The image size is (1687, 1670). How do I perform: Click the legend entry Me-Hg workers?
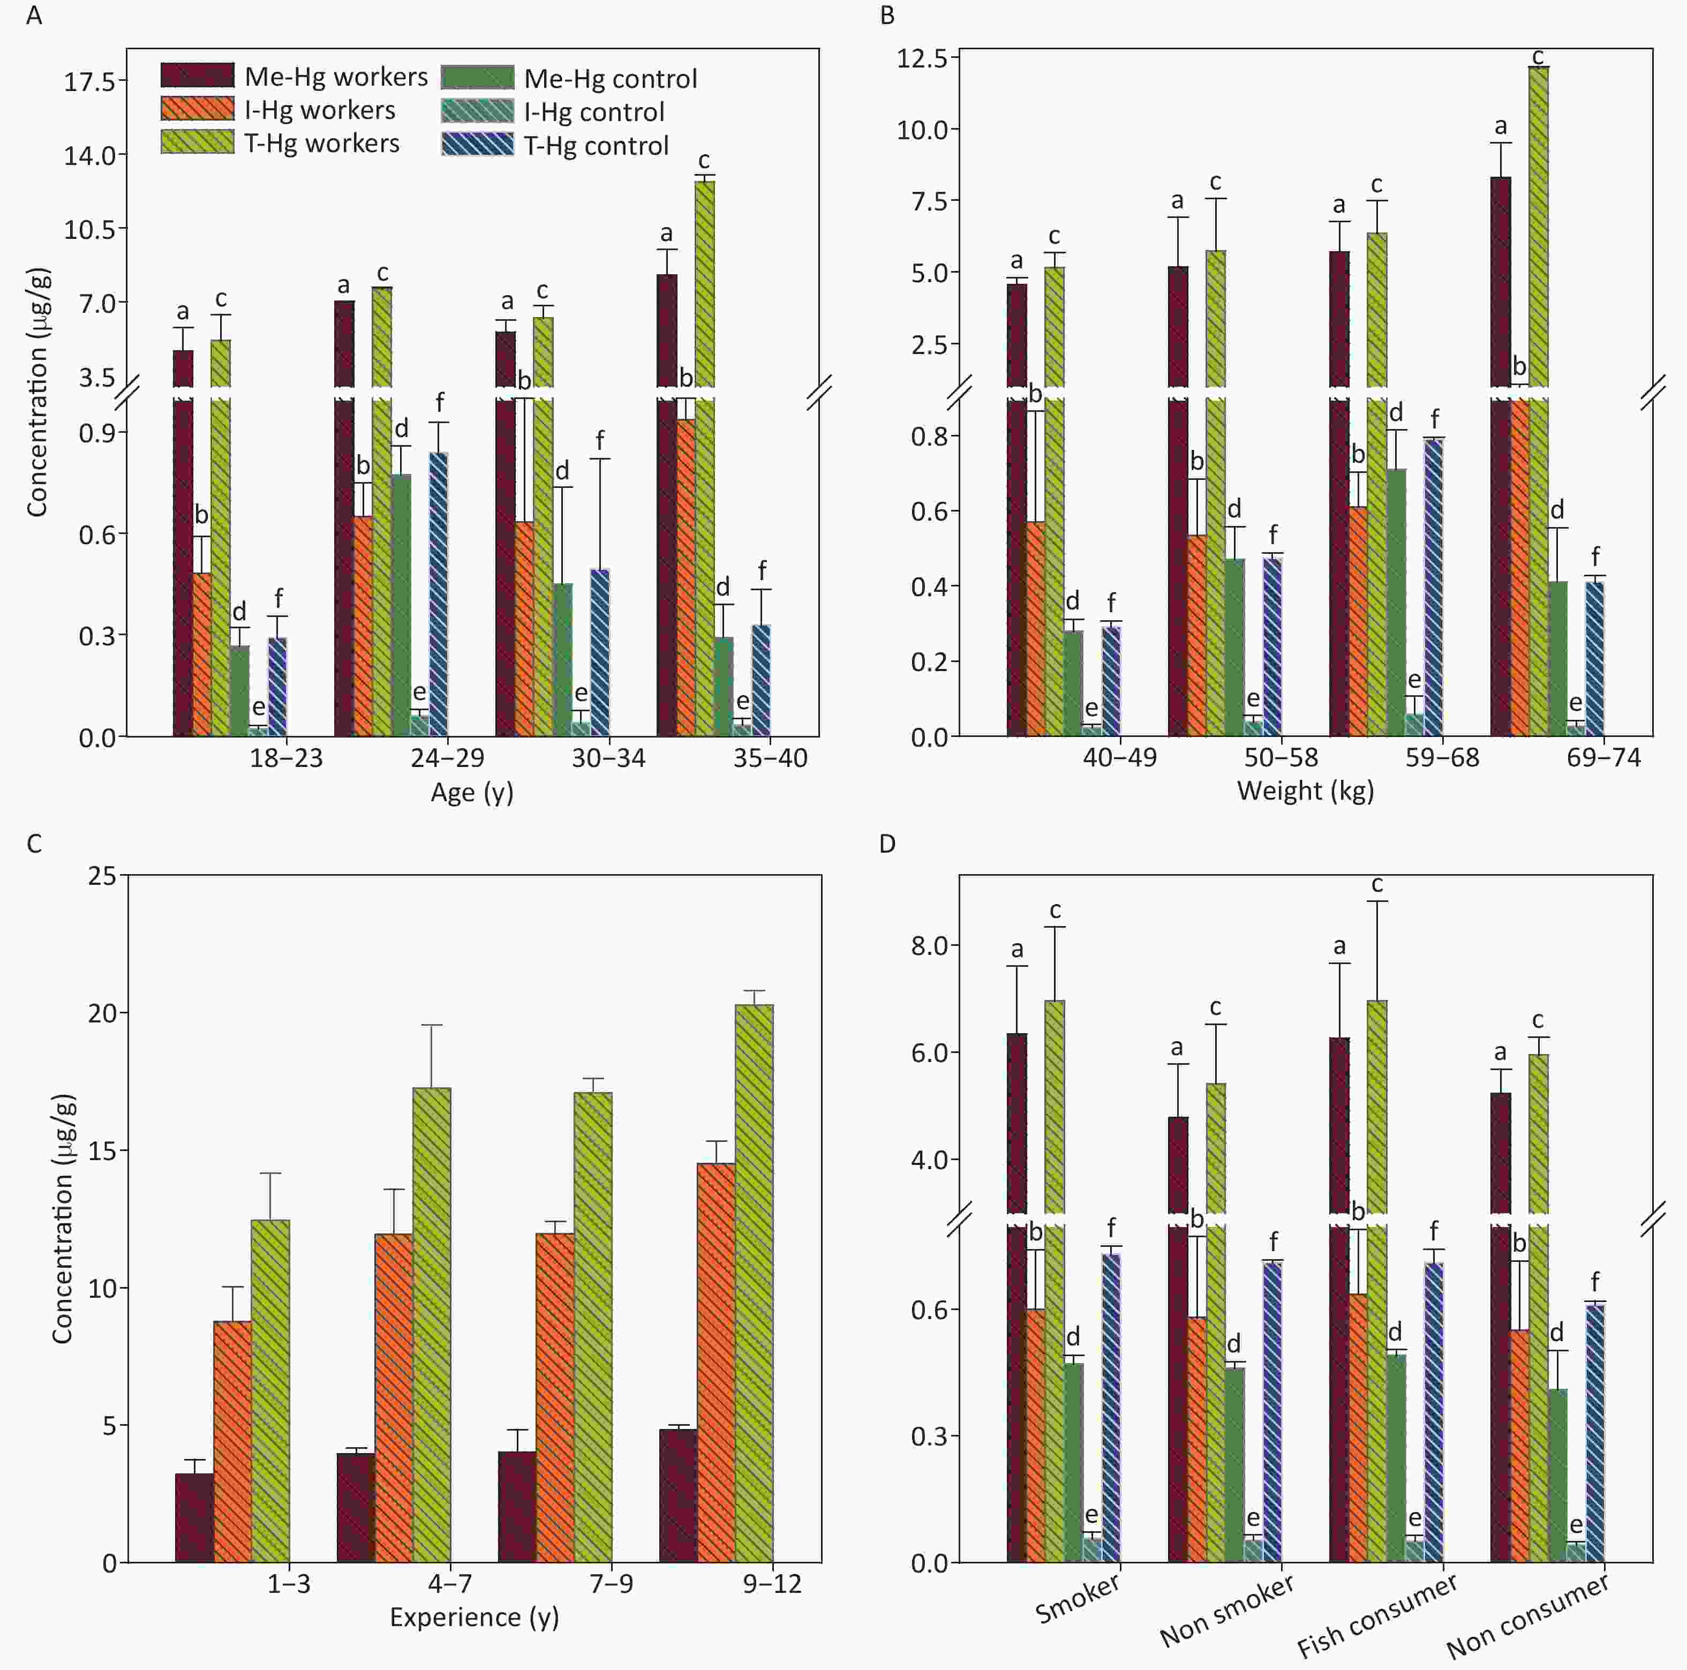pos(335,77)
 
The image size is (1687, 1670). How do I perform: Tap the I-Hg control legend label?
pos(594,112)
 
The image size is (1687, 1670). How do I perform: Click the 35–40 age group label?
pos(770,757)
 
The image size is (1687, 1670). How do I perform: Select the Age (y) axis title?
pos(471,792)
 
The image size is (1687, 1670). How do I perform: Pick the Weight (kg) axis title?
pos(1306,791)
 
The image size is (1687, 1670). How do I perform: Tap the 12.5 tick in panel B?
pos(922,58)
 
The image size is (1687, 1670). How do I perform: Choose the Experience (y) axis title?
pos(474,1618)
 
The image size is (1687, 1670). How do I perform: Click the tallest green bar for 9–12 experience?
pos(754,1283)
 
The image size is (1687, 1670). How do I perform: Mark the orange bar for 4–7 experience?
pos(394,1397)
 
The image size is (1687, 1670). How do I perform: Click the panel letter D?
pos(887,844)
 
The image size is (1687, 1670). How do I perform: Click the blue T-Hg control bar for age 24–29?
pos(438,594)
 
